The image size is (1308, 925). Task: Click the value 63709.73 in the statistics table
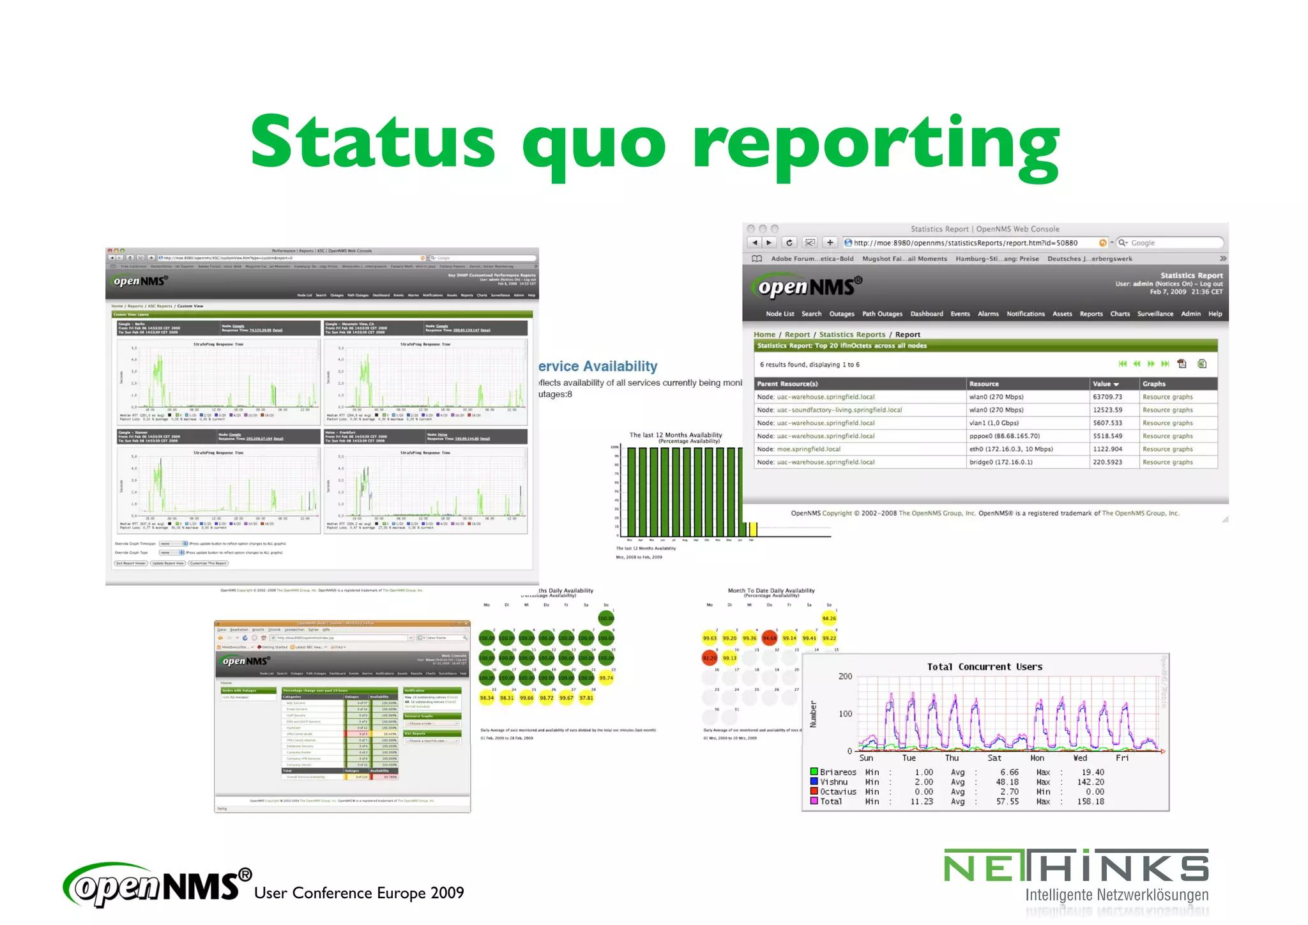[x=1107, y=397]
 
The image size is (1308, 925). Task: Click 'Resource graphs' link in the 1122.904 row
[x=1167, y=449]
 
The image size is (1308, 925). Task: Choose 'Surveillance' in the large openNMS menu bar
[x=1155, y=314]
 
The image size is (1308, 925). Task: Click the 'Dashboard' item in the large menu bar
[x=926, y=314]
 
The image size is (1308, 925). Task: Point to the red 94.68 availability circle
[x=769, y=638]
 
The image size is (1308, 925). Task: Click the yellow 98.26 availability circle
[x=828, y=618]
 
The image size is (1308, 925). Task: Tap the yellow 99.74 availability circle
[x=606, y=678]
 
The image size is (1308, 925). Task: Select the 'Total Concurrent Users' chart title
[x=984, y=667]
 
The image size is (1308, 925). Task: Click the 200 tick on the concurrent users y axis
[x=844, y=677]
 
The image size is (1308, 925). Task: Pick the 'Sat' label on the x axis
[x=994, y=758]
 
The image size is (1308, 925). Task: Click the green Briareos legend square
[x=814, y=772]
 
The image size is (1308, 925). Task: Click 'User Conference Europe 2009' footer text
[x=359, y=893]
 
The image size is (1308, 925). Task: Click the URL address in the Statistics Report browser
[x=965, y=243]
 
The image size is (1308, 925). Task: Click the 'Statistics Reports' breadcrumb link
[x=852, y=335]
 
